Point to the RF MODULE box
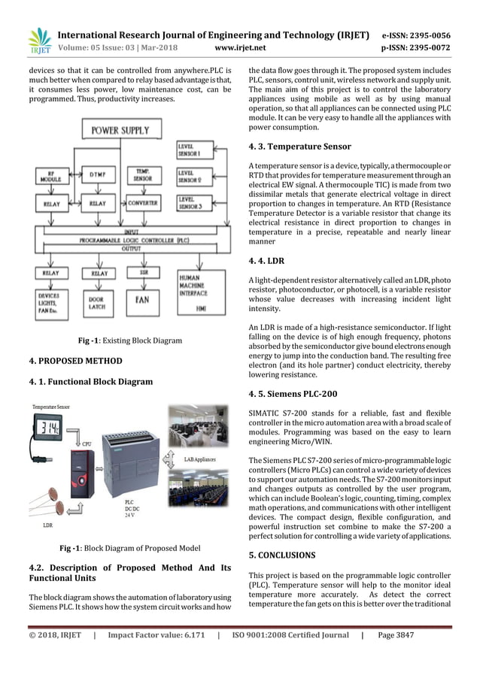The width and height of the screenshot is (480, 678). [50, 177]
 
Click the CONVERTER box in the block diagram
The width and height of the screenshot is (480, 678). [143, 203]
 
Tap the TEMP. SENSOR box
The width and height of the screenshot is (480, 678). [143, 176]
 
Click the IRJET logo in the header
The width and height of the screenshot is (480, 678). [38, 41]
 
